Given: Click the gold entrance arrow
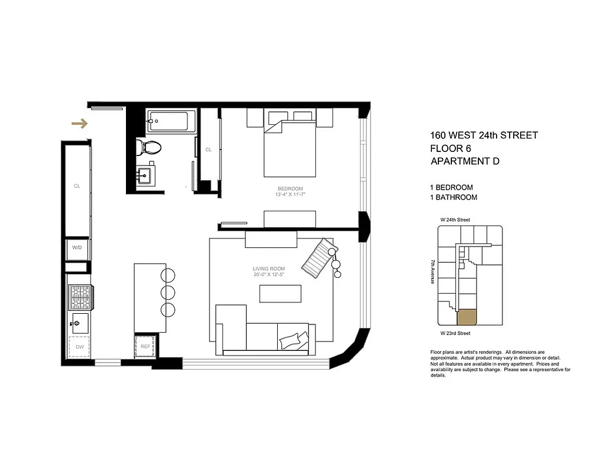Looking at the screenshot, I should click(79, 124).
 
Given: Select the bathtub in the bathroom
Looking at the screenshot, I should click(171, 121).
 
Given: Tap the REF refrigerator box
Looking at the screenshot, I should click(145, 346).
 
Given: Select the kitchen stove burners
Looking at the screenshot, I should click(80, 297).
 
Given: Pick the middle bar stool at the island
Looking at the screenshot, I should click(168, 293).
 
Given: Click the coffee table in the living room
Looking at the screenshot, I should click(280, 293).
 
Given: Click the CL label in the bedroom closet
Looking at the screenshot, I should click(208, 150).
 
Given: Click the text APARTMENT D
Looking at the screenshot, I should click(465, 161).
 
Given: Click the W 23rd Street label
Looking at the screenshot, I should click(455, 333).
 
